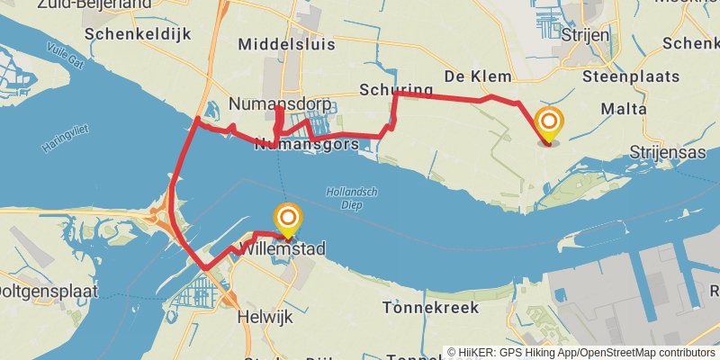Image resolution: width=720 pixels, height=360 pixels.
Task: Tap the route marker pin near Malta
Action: click(x=548, y=123)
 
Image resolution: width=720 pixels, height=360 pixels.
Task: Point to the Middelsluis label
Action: click(x=286, y=44)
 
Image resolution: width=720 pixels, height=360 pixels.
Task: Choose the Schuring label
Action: click(x=396, y=90)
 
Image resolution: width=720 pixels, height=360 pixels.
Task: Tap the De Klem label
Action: click(x=478, y=76)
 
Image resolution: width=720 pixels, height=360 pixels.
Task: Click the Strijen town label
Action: click(x=585, y=34)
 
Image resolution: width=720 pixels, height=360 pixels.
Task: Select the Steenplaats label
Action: click(x=630, y=76)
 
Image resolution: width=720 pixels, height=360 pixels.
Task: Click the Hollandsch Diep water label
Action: click(x=351, y=197)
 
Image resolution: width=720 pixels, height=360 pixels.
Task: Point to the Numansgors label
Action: click(x=307, y=144)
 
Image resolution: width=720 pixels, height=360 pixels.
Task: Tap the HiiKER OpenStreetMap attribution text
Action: click(x=580, y=352)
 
